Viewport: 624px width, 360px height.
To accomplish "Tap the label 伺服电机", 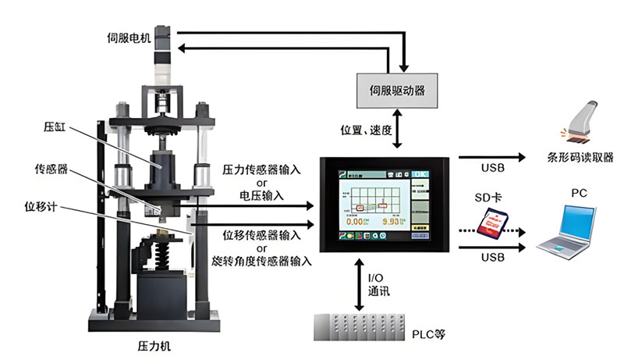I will [x=129, y=37].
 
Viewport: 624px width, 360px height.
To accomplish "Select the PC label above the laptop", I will [x=579, y=191].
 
